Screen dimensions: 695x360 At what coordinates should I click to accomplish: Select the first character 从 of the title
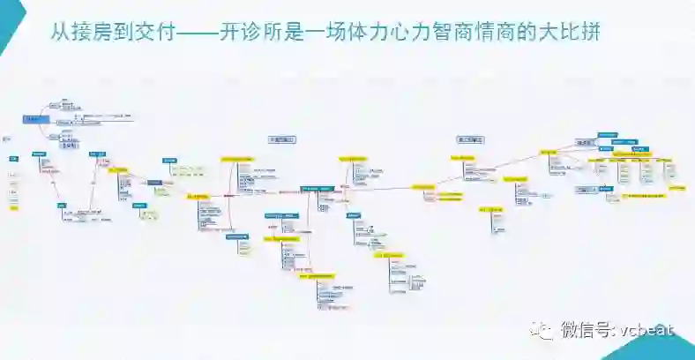tap(60, 35)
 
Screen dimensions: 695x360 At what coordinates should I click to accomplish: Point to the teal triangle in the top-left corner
tap(8, 18)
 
